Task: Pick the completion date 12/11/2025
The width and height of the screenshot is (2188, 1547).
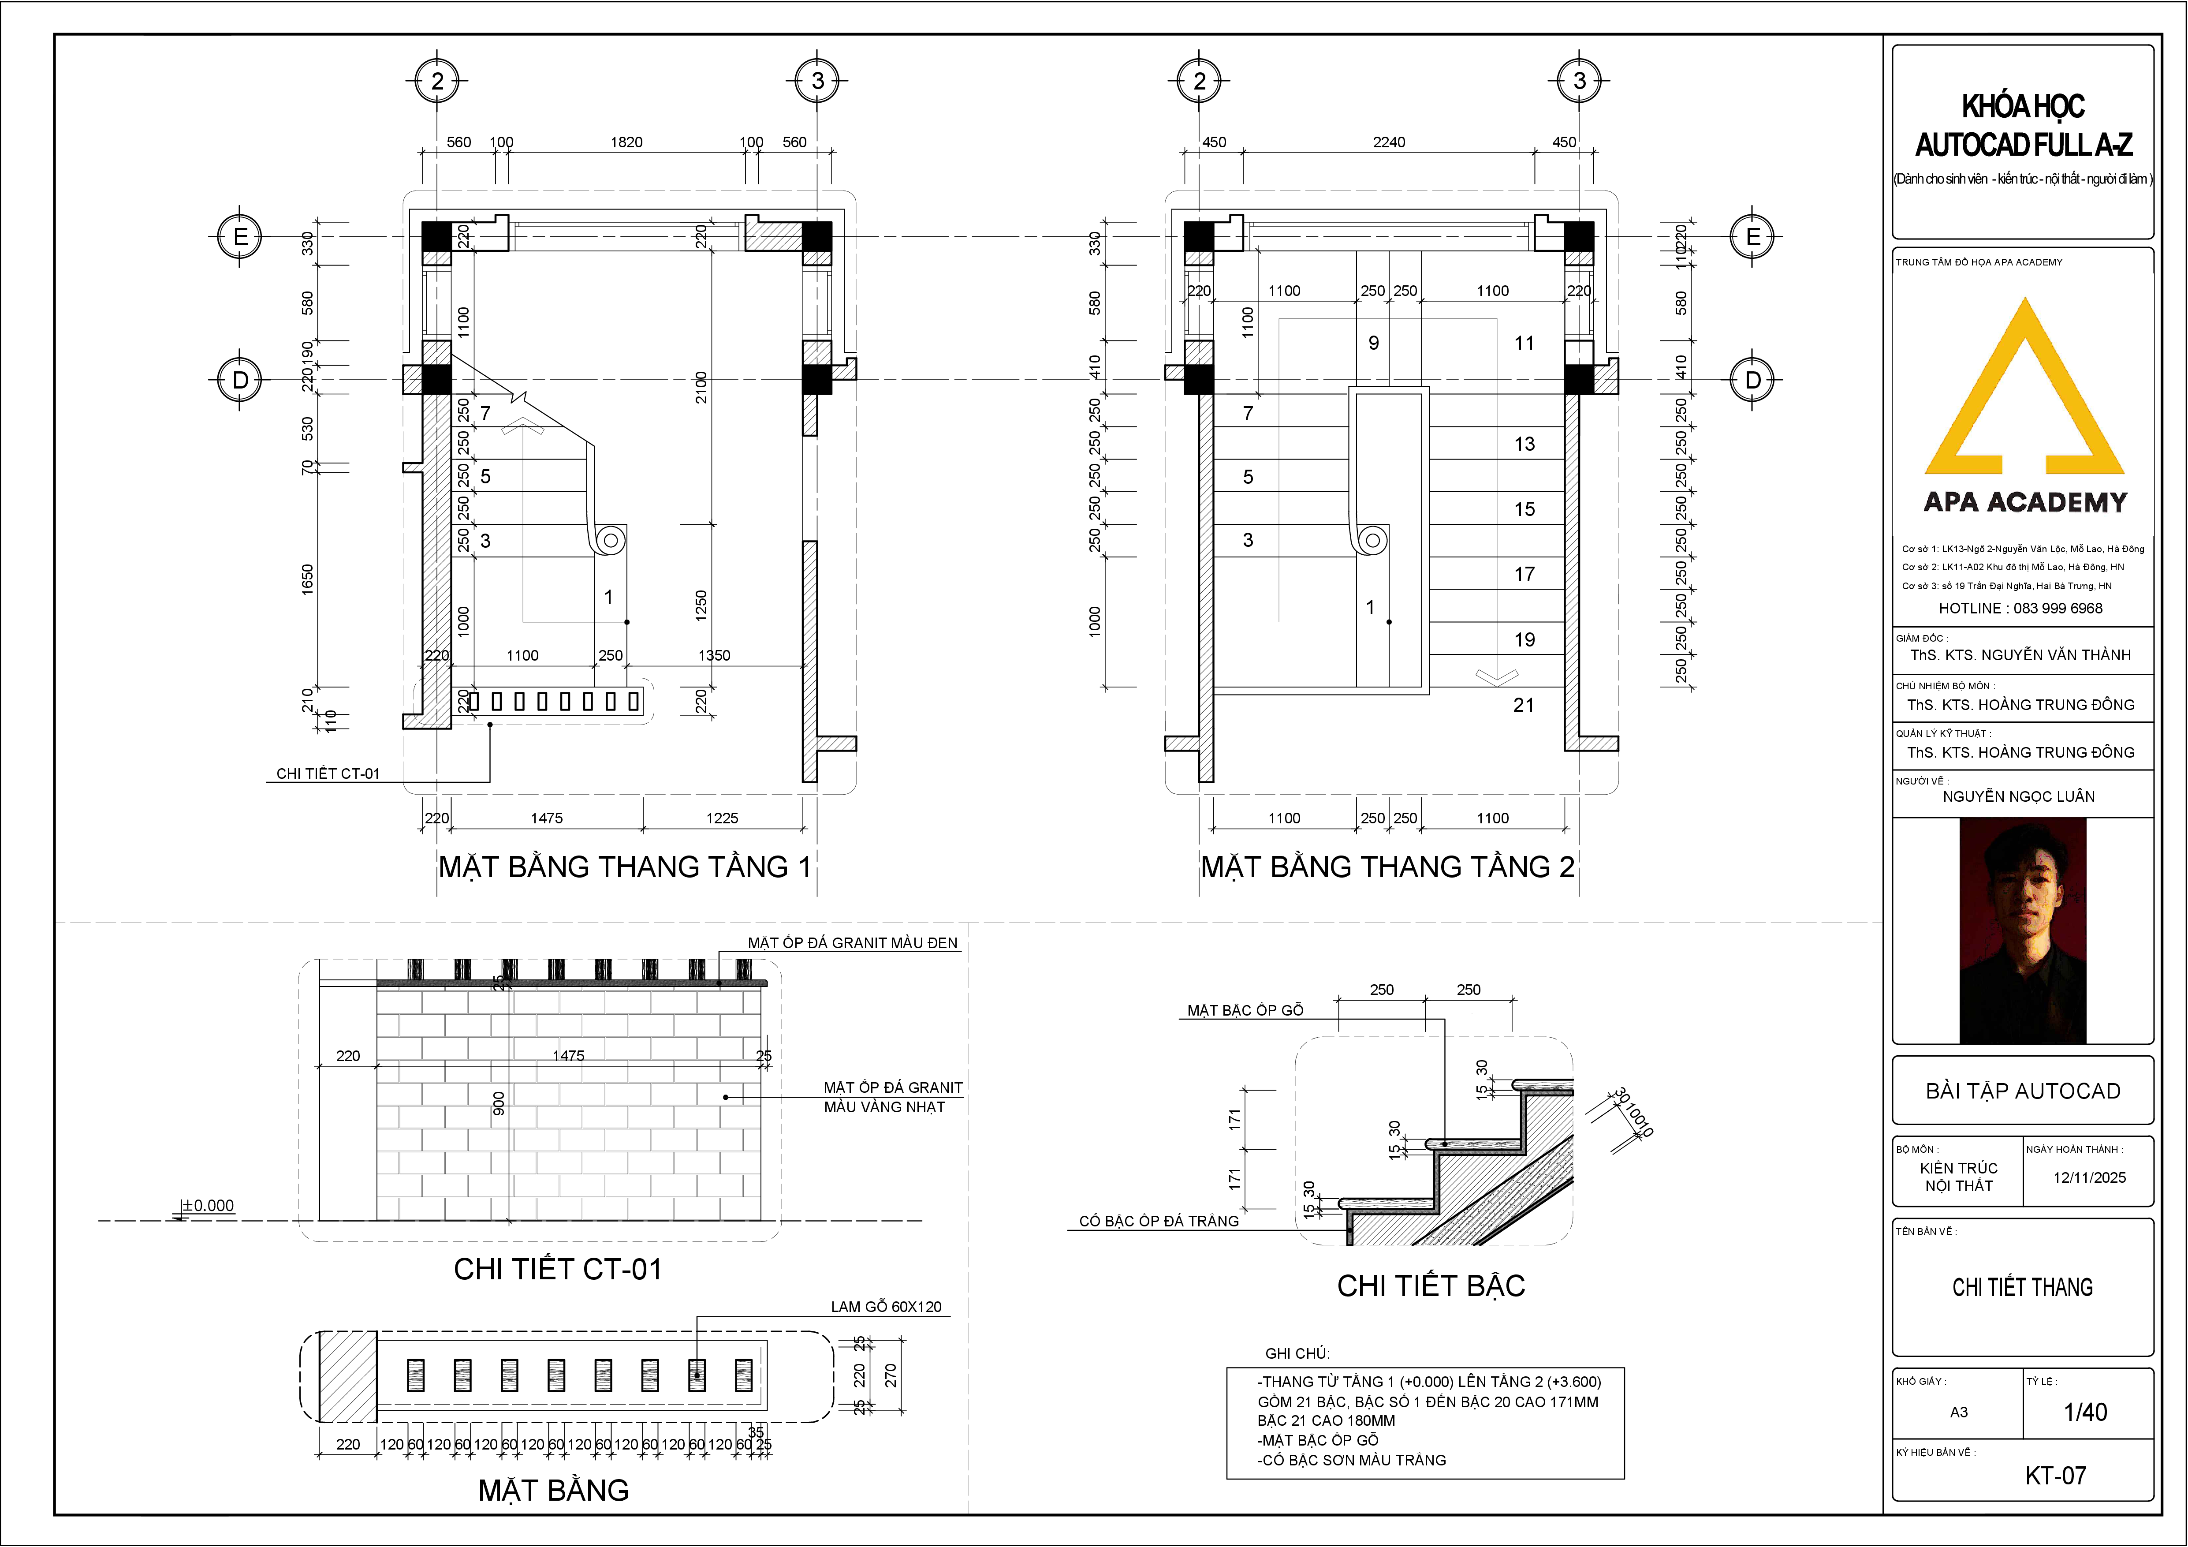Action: (2089, 1177)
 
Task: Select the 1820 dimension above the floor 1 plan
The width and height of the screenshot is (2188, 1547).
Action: (626, 142)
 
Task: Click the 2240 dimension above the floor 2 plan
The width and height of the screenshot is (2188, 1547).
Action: (1388, 142)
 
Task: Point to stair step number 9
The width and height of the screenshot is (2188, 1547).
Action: (1373, 343)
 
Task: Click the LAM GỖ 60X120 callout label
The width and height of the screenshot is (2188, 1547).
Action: (885, 1307)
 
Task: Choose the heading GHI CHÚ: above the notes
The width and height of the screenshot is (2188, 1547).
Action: (1297, 1353)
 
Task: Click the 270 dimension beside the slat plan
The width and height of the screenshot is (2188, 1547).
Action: (891, 1375)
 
